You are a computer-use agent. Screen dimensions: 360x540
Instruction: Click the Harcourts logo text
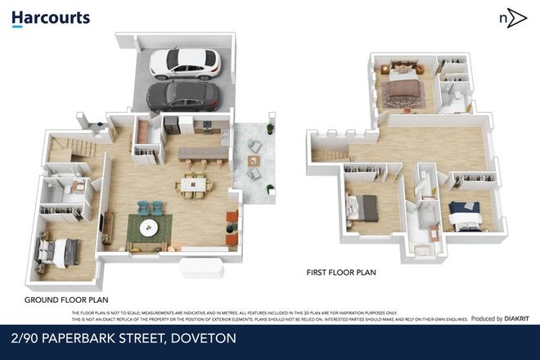tap(51, 18)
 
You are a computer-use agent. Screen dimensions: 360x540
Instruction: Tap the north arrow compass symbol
tap(512, 18)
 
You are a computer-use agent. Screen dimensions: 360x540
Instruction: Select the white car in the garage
tap(184, 62)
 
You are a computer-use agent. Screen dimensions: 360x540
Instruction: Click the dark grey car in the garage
tap(183, 97)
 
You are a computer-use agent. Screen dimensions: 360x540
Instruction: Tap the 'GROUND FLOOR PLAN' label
tap(66, 300)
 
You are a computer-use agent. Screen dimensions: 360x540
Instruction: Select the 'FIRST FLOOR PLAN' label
tap(340, 272)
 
